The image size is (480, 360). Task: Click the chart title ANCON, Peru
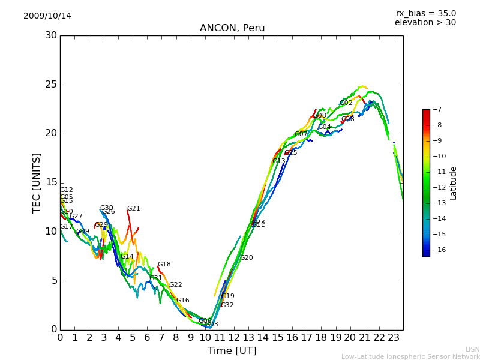click(x=232, y=28)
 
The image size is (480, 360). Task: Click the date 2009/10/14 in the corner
click(x=47, y=16)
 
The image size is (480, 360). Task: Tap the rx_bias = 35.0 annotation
click(x=425, y=13)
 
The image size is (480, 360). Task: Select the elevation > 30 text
click(x=425, y=23)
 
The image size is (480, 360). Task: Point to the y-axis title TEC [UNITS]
click(x=37, y=182)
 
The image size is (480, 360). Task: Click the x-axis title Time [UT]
click(x=232, y=351)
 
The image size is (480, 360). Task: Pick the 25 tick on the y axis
click(x=51, y=85)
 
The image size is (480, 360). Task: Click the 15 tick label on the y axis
click(x=51, y=182)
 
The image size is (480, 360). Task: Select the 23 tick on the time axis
click(x=394, y=338)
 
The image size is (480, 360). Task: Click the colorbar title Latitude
click(x=454, y=183)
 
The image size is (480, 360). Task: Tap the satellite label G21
click(x=133, y=209)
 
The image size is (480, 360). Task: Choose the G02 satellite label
click(x=346, y=103)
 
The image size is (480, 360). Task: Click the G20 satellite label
click(x=246, y=258)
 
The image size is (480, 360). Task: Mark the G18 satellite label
click(x=164, y=265)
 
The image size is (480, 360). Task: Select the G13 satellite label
click(x=279, y=161)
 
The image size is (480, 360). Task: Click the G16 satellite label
click(x=182, y=301)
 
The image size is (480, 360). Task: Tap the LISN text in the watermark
click(x=472, y=349)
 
